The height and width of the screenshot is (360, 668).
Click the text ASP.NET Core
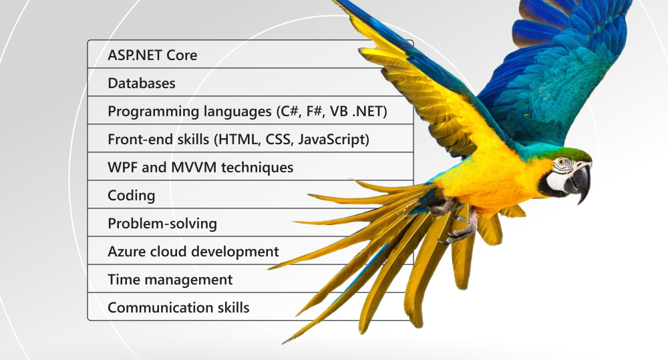[152, 55]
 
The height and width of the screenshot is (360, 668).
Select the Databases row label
[142, 83]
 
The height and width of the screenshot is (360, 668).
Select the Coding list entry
[131, 196]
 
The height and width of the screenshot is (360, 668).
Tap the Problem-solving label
[162, 224]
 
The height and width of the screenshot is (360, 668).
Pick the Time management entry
[170, 280]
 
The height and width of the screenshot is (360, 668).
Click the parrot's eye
[562, 162]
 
